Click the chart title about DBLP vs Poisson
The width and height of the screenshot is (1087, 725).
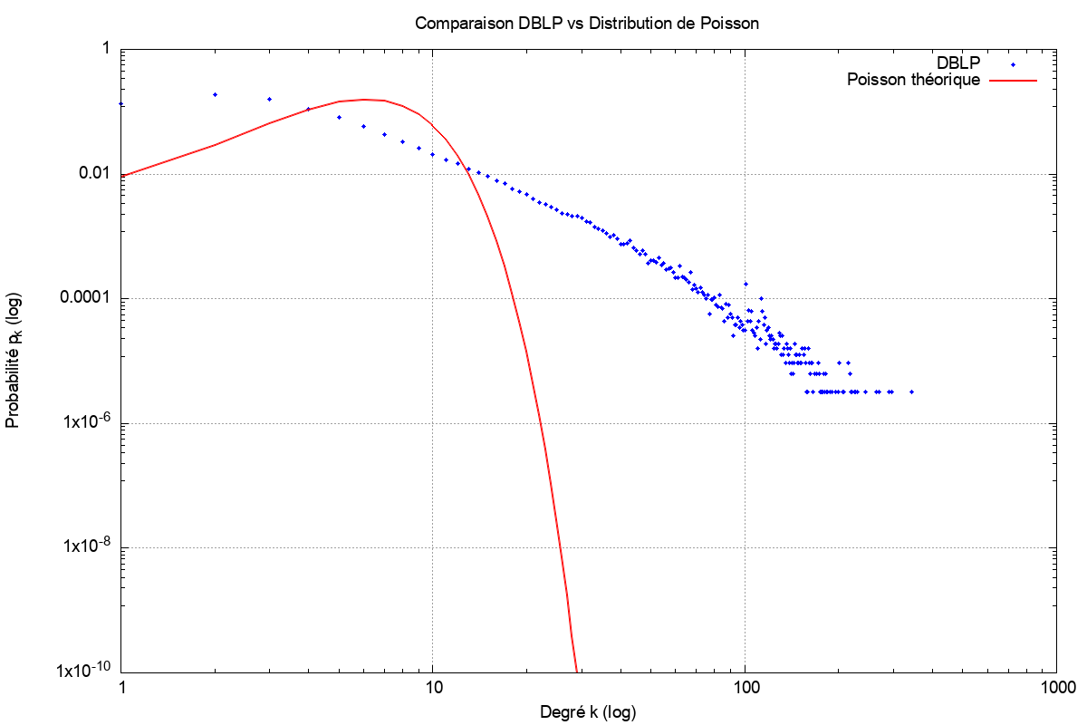586,24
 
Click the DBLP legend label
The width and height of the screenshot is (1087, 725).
958,63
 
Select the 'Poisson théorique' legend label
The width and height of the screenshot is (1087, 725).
913,80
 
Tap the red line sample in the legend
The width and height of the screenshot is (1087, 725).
1013,81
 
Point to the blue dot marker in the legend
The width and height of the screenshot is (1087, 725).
1013,64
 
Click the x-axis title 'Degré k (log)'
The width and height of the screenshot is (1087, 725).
586,711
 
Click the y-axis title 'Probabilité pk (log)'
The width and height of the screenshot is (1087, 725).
15,360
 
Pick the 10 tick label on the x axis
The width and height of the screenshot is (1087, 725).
433,688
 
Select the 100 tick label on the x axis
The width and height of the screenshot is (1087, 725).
745,688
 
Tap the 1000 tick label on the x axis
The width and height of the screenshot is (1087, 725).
1056,688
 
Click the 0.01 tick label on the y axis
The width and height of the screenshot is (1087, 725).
96,174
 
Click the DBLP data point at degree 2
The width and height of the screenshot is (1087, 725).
215,94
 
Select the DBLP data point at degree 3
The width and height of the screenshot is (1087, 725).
269,99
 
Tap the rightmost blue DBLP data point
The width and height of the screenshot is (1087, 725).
911,391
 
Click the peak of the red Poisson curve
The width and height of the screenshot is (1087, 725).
365,99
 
